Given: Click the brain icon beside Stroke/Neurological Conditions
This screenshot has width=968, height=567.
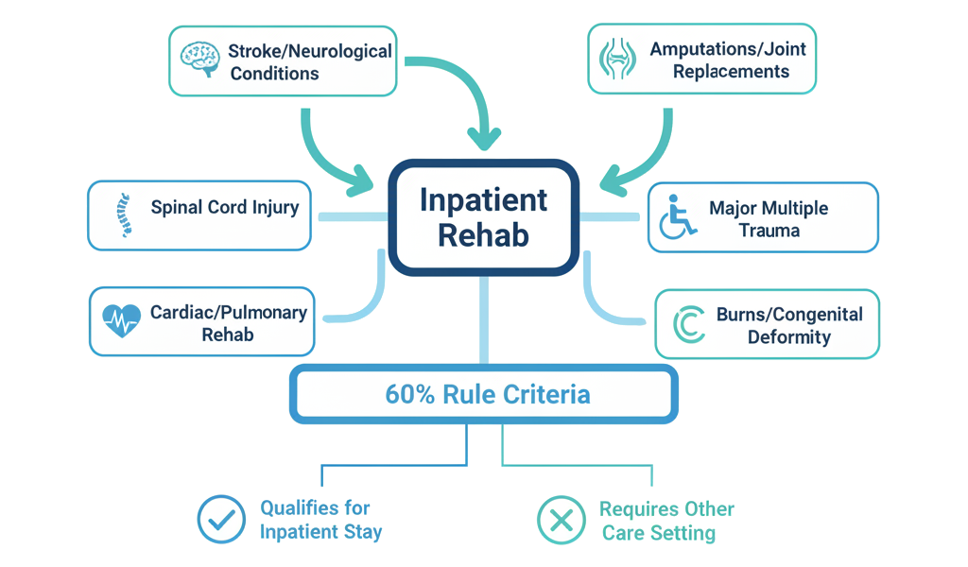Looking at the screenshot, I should tap(201, 60).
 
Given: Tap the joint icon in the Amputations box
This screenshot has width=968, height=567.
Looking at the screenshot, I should tap(618, 59).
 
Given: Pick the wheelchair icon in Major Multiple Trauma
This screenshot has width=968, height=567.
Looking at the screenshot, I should tap(678, 216).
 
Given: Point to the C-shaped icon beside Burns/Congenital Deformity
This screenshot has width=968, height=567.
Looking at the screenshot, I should tap(690, 324).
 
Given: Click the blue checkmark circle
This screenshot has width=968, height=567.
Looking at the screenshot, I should tap(221, 519).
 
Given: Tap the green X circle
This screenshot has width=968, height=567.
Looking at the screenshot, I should tap(562, 520).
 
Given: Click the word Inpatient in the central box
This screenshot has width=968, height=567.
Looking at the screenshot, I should tap(483, 200).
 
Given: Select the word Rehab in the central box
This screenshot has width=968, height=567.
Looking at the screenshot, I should tap(483, 235).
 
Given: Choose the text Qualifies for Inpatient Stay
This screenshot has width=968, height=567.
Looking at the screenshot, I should tap(320, 520).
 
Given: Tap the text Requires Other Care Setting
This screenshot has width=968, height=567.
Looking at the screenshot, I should tap(665, 521).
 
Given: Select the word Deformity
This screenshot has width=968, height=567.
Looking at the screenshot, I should tap(788, 336).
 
